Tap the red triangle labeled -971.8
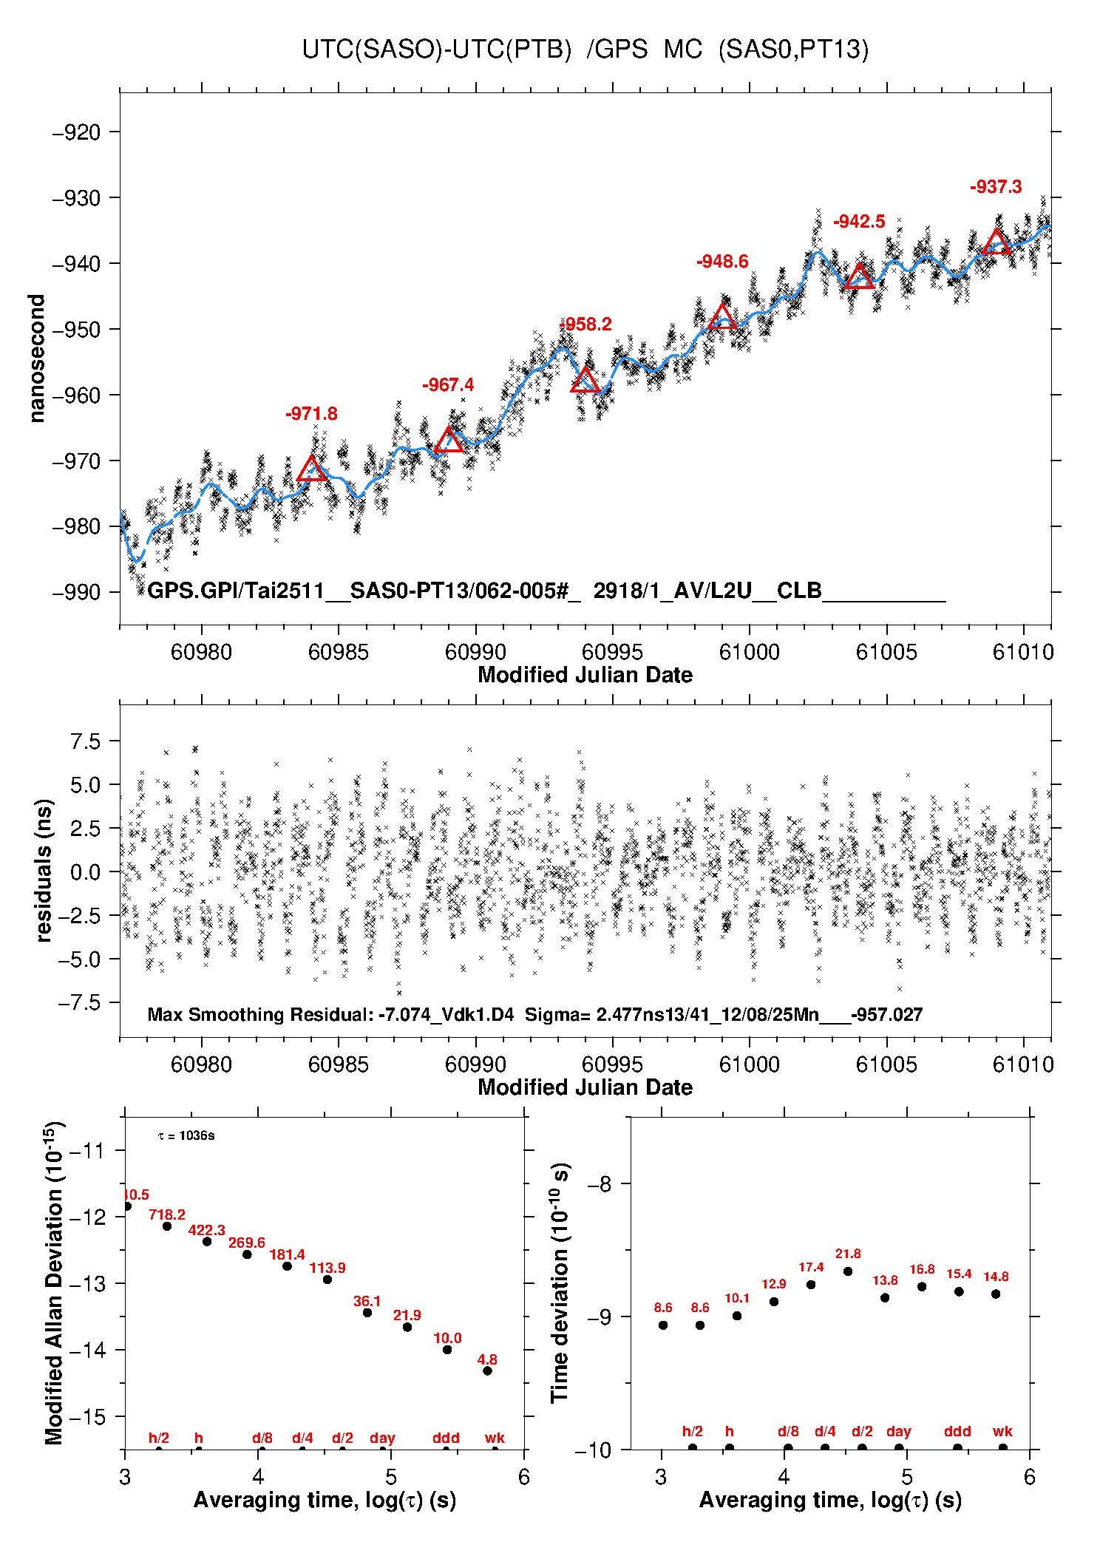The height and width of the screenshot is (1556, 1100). pyautogui.click(x=312, y=469)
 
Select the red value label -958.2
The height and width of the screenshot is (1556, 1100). pyautogui.click(x=585, y=325)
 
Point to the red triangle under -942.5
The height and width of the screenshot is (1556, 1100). pyautogui.click(x=859, y=277)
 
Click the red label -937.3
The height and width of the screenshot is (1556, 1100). pyautogui.click(x=996, y=187)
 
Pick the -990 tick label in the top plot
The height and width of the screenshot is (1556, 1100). pyautogui.click(x=76, y=592)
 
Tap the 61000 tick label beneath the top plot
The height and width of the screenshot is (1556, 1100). pyautogui.click(x=749, y=652)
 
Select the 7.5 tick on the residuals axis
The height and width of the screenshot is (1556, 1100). pyautogui.click(x=85, y=741)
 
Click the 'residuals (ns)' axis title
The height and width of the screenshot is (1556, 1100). pyautogui.click(x=44, y=871)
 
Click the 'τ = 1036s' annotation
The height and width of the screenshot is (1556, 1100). pyautogui.click(x=186, y=1135)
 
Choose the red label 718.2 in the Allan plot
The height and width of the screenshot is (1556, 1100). pyautogui.click(x=167, y=1214)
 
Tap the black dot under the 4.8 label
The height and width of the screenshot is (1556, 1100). pyautogui.click(x=487, y=1370)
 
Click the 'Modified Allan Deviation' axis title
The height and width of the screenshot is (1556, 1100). pyautogui.click(x=53, y=1282)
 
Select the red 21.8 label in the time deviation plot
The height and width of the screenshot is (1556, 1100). pyautogui.click(x=848, y=1254)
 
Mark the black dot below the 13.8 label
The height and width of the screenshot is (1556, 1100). pyautogui.click(x=885, y=1297)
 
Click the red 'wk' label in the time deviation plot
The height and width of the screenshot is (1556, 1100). pyautogui.click(x=1002, y=1431)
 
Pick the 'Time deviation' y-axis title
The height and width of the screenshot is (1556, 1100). pyautogui.click(x=560, y=1282)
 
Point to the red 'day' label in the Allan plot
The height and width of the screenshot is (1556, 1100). pyautogui.click(x=382, y=1438)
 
